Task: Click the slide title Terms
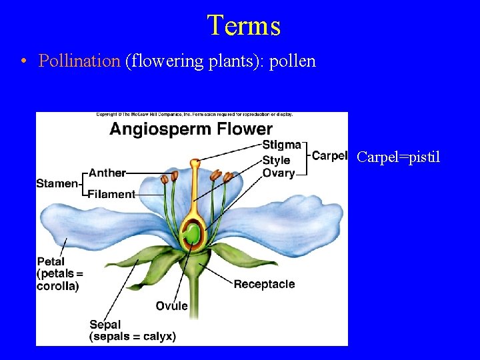(243, 25)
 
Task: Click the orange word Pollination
(79, 61)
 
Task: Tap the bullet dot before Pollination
(24, 61)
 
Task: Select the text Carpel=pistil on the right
(398, 157)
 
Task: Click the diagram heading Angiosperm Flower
(191, 129)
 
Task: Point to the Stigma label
(281, 145)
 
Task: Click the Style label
(276, 160)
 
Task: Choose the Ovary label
(279, 173)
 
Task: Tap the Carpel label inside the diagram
(329, 156)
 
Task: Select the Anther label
(107, 173)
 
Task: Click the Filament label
(111, 194)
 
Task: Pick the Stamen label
(57, 183)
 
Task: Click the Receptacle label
(264, 284)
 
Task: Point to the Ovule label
(172, 306)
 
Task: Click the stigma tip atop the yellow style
(194, 163)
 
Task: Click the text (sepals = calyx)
(133, 337)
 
